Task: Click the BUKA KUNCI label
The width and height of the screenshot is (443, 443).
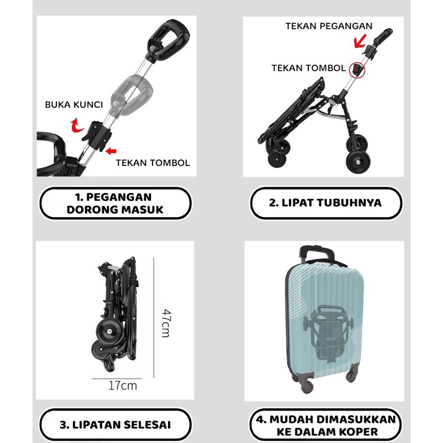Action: pyautogui.click(x=74, y=105)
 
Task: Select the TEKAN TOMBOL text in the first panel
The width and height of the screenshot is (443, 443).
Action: pyautogui.click(x=153, y=162)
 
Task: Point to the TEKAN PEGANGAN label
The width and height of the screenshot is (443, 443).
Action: pyautogui.click(x=329, y=26)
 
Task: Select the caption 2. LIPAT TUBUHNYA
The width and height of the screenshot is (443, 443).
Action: pyautogui.click(x=325, y=203)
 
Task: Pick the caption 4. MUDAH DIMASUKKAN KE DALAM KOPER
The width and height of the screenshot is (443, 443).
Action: pyautogui.click(x=325, y=425)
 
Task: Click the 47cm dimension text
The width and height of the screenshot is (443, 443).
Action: pyautogui.click(x=166, y=323)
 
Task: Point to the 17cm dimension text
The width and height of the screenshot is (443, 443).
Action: pyautogui.click(x=123, y=386)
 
